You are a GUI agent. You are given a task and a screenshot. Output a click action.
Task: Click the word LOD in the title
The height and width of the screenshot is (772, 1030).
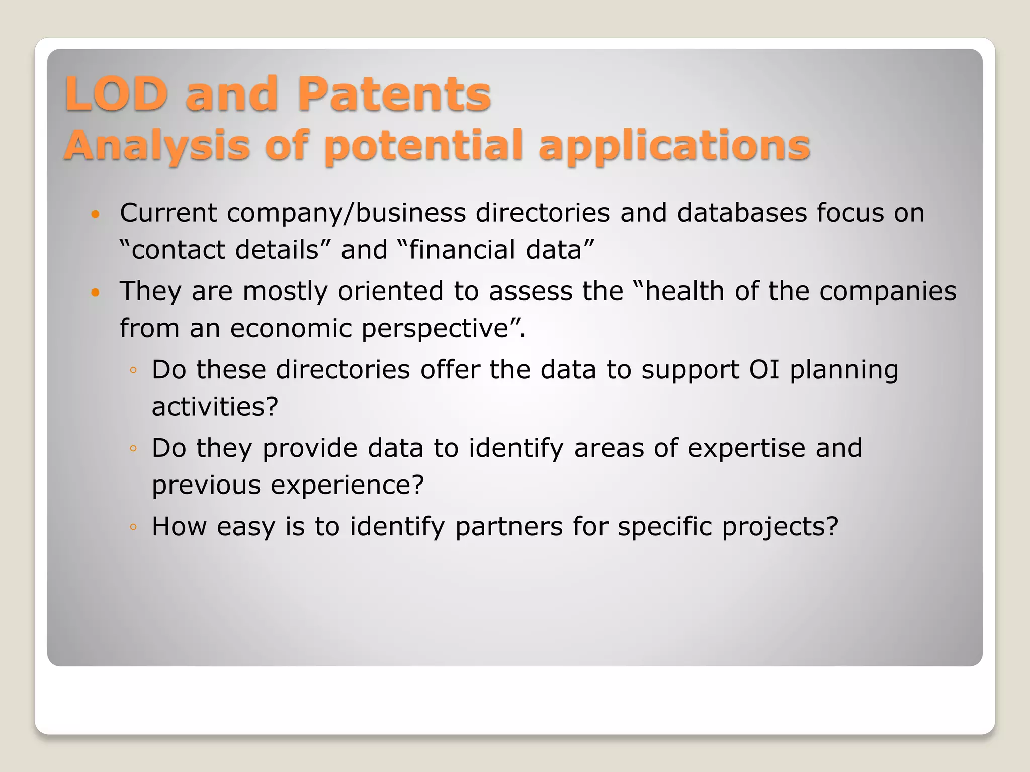116,94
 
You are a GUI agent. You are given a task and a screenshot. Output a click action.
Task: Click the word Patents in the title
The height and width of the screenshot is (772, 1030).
394,94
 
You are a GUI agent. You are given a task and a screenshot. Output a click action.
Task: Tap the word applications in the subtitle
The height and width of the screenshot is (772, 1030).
674,146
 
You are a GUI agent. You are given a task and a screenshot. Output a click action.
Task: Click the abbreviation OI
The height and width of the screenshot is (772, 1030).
764,370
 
